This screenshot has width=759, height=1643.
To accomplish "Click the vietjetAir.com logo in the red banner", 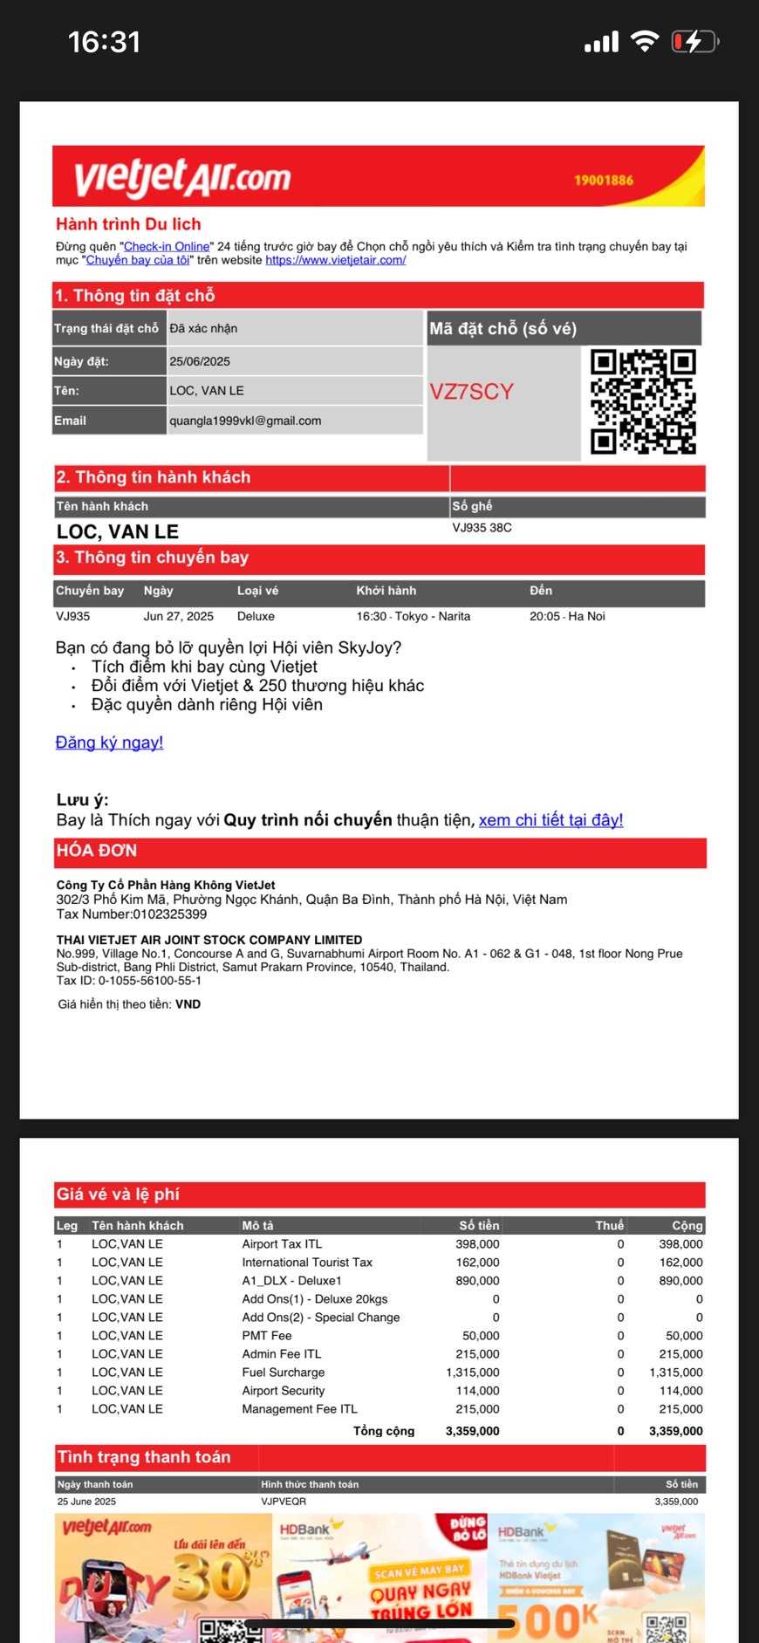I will pos(182,178).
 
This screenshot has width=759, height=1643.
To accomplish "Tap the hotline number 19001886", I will pos(604,181).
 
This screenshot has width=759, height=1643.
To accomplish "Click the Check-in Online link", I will pos(167,247).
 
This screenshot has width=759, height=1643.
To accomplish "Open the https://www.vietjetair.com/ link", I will pos(336,260).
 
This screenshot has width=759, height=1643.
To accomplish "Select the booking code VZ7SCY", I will pos(471,392).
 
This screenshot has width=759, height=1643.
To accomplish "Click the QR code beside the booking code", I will pos(643,401).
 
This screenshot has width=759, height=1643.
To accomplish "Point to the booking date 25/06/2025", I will pos(200,361).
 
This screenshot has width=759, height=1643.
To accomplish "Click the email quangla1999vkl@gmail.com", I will pos(245,421).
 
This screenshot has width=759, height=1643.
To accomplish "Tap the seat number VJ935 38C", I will pos(482,528).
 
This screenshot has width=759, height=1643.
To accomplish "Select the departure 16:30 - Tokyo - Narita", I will pos(413,616).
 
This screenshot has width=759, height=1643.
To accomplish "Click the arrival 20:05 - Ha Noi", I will pos(567,616).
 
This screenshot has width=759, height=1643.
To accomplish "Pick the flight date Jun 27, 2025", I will pos(178,616).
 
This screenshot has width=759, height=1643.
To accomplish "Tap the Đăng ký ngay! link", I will pos(109,743).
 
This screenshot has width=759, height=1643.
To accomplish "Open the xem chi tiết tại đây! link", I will pos(550,820).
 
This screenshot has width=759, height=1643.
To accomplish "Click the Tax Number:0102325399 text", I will pos(132,914).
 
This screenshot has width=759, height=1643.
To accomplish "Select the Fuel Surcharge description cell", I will pos(284,1373).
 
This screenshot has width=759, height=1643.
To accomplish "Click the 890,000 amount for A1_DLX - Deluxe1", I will pos(477,1281).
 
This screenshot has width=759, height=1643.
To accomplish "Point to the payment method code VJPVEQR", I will pos(284,1502).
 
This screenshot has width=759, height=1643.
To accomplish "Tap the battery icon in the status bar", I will pos(694,42).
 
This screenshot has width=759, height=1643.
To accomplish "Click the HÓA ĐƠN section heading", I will pos(97,851).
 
